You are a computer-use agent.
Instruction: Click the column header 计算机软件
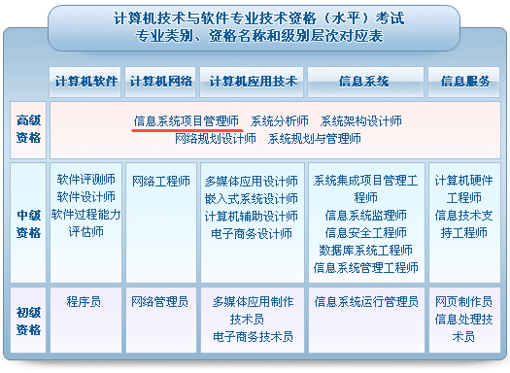(x=86, y=81)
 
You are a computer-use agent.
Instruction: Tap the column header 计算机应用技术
(x=252, y=81)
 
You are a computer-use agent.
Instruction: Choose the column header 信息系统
(x=365, y=81)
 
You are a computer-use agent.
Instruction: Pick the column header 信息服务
(x=465, y=81)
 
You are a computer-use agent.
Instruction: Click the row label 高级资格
(x=29, y=129)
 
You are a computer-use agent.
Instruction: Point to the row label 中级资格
(x=29, y=224)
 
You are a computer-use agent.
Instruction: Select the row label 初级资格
(x=29, y=321)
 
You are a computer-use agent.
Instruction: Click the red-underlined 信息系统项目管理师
(x=187, y=121)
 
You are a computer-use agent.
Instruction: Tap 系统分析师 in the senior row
(x=280, y=121)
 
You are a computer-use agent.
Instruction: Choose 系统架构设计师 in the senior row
(x=361, y=121)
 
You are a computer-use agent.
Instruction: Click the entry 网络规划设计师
(x=216, y=139)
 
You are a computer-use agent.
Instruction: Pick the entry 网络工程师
(x=160, y=182)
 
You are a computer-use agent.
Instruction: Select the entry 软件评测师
(x=85, y=180)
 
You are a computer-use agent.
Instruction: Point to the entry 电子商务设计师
(x=251, y=234)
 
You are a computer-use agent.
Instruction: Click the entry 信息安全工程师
(x=365, y=233)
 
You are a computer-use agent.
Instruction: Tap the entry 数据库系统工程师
(x=365, y=251)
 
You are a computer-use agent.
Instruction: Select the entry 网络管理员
(x=160, y=302)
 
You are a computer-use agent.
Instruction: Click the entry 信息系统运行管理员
(x=365, y=302)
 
